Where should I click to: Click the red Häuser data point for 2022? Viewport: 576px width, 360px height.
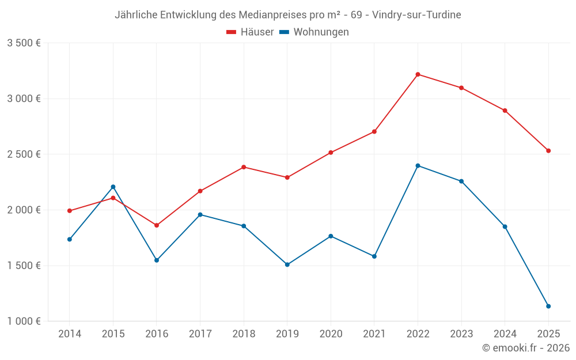[x=418, y=74]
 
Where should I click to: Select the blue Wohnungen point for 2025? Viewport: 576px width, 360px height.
[x=548, y=306]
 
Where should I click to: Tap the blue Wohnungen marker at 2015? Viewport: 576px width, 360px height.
[x=113, y=187]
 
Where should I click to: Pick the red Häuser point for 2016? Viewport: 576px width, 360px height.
[x=157, y=225]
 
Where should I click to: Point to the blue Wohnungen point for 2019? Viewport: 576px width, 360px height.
[x=287, y=265]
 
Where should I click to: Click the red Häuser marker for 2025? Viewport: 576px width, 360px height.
[x=548, y=151]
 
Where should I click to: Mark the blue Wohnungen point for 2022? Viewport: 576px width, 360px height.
[x=418, y=166]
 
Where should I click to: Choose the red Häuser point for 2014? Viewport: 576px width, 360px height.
[x=70, y=211]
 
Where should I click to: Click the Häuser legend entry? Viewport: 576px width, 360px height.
[x=251, y=32]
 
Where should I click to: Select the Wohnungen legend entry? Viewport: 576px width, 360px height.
[x=314, y=32]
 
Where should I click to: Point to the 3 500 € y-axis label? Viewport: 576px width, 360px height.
[x=24, y=43]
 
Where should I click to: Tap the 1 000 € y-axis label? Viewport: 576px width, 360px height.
[x=24, y=321]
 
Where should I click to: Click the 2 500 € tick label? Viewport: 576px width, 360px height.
[x=24, y=154]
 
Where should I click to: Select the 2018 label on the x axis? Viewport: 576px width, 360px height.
[x=244, y=334]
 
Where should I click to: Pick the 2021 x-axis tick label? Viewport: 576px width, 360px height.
[x=374, y=334]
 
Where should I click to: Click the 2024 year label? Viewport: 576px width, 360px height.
[x=505, y=334]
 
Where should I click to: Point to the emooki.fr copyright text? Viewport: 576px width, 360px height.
[x=525, y=348]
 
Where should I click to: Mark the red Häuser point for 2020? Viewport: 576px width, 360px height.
[x=331, y=153]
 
